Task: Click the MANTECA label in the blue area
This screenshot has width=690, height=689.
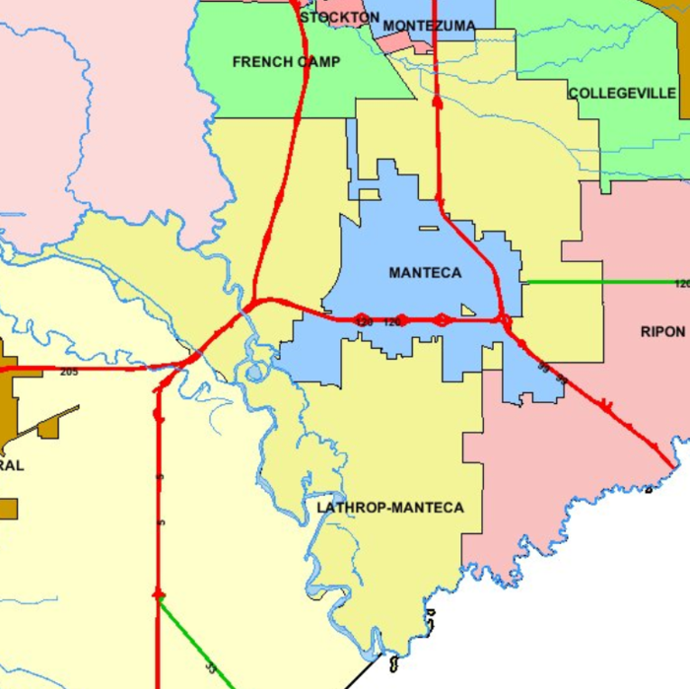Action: coord(425,273)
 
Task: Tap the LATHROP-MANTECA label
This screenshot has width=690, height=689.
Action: coord(390,508)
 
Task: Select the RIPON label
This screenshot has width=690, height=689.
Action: coord(661,332)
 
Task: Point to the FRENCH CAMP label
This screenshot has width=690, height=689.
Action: coord(287,62)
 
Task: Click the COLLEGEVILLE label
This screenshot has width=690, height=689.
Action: coord(622,94)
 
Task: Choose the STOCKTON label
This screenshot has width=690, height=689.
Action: coord(339,18)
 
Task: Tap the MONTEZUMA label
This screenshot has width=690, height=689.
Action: coord(429,26)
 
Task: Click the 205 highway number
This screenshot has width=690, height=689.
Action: coord(68,372)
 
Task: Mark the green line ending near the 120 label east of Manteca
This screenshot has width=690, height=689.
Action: coord(601,283)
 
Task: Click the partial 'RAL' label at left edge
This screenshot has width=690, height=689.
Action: coord(12,465)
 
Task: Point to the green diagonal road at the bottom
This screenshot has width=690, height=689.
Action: coord(197,645)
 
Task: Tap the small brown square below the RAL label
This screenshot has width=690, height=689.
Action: coord(8,509)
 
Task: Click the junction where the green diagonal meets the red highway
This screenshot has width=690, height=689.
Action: coord(158,595)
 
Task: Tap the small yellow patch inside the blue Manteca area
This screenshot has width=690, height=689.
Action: coord(428,229)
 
